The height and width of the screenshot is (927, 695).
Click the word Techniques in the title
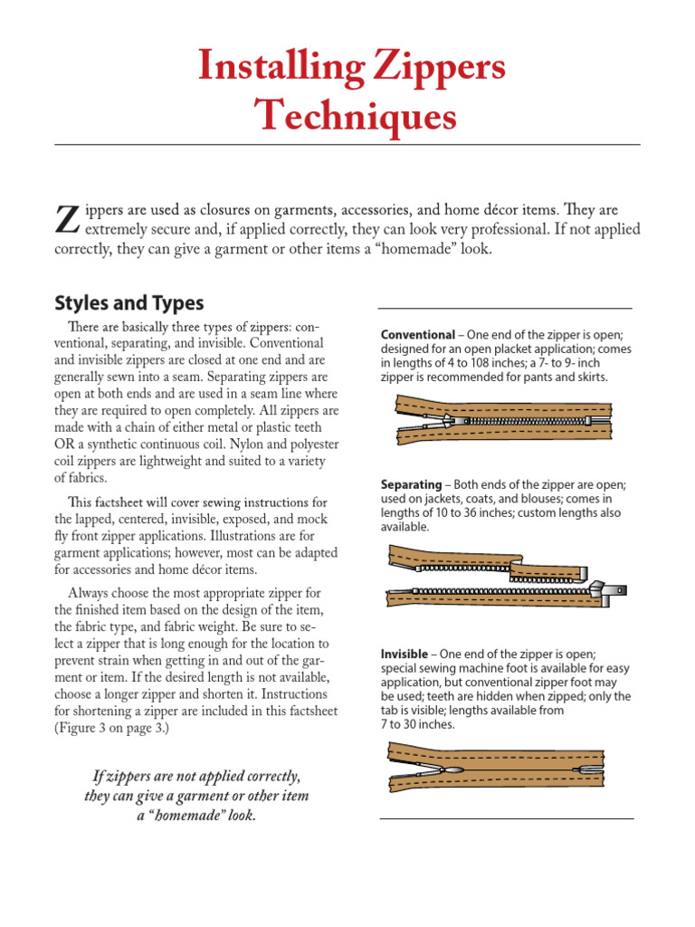(x=355, y=116)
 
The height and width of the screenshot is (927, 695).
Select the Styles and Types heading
(x=129, y=302)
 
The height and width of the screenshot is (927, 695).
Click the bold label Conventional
(x=417, y=334)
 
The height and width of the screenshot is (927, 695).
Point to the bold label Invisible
(x=406, y=655)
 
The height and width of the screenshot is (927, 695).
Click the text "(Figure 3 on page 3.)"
(x=118, y=728)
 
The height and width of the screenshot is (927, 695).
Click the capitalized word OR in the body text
(x=69, y=444)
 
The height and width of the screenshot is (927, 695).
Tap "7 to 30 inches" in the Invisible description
(x=417, y=724)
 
